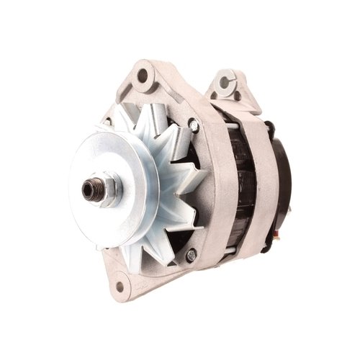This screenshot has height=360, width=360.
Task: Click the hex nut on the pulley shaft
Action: pos(103,189)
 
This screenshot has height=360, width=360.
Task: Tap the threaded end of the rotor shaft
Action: pos(89,189)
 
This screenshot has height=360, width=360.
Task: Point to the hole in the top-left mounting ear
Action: pos(142,74)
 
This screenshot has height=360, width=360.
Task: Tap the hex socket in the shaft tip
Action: pos(88,189)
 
